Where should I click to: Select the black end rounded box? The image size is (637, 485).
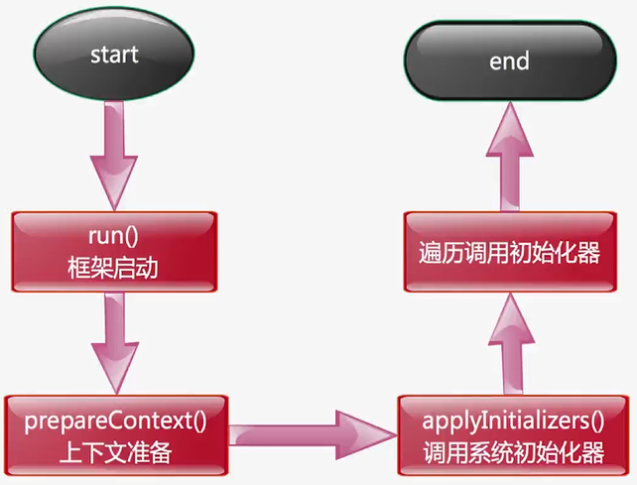tap(509, 61)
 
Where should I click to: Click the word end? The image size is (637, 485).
tap(509, 61)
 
